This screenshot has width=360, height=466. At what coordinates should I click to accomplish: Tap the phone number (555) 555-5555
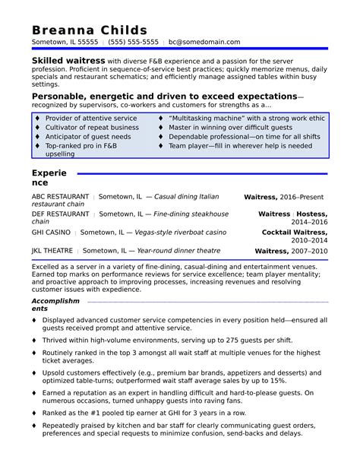click(x=133, y=42)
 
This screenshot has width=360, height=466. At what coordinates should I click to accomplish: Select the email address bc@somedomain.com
click(x=204, y=42)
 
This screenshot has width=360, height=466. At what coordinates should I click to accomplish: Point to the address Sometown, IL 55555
click(x=65, y=42)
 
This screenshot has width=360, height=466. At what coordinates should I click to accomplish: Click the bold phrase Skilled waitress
click(x=68, y=60)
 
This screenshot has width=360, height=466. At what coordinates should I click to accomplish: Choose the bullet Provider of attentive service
click(x=91, y=119)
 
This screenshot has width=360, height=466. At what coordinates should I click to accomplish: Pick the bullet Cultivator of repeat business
click(x=92, y=128)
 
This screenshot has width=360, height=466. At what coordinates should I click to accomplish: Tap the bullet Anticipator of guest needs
click(x=88, y=137)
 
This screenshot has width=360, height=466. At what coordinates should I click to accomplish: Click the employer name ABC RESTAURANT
click(x=60, y=196)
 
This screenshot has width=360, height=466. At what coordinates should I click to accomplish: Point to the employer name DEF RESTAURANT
click(x=60, y=214)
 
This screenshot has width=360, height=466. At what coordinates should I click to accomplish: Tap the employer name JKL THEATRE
click(x=52, y=250)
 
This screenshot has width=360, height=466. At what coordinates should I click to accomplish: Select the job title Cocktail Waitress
click(x=295, y=232)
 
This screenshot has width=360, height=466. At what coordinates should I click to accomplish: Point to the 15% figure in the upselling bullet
click(x=276, y=379)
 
